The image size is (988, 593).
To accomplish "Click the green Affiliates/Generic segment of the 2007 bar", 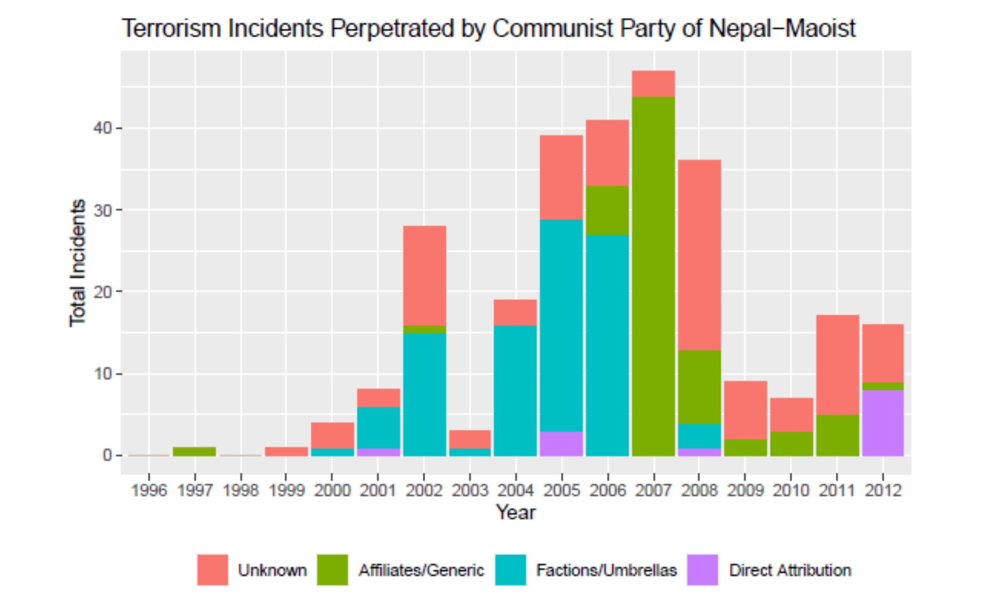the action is tap(653, 276).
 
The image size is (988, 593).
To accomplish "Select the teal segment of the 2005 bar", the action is tap(561, 326).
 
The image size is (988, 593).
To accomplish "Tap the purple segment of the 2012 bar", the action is tap(883, 423).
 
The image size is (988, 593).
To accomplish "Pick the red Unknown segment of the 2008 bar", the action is tap(699, 255).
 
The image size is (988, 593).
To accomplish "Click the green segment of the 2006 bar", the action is tap(607, 210).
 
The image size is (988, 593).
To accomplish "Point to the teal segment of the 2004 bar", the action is tap(515, 391).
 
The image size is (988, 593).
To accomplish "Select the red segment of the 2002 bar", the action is tap(425, 276).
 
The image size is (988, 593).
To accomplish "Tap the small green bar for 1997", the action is tap(195, 452).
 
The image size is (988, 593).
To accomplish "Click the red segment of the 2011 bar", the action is tap(837, 365).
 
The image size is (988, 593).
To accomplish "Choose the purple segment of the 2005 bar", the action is tap(561, 444).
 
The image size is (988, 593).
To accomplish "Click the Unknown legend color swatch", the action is tap(212, 570).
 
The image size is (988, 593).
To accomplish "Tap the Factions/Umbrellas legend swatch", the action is tap(510, 570).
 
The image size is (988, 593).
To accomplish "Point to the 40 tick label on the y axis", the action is tap(102, 128).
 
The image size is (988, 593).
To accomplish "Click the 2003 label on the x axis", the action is tap(470, 490).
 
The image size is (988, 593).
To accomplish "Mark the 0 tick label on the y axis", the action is tap(107, 455).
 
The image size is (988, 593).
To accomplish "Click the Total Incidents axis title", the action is tap(78, 263).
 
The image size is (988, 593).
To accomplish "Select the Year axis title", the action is tap(516, 513).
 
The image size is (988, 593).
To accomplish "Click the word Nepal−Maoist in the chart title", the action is tap(782, 29).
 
